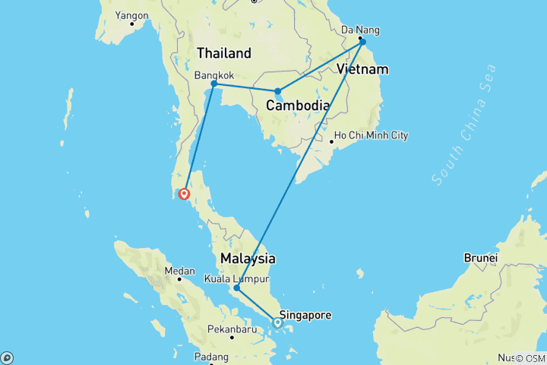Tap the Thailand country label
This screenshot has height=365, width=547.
tap(223, 53)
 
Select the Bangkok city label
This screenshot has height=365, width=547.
tap(213, 75)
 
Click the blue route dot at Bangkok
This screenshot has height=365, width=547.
tap(215, 84)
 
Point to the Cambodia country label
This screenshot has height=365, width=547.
tap(297, 106)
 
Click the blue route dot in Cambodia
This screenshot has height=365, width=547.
tap(278, 91)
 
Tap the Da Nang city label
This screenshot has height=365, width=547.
tap(360, 30)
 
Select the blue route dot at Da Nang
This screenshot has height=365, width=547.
tap(363, 42)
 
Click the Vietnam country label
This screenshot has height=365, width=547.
tap(362, 69)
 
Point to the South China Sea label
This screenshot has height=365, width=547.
tap(464, 126)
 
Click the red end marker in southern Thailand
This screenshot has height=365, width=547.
tap(183, 193)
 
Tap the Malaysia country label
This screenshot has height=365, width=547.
tap(248, 259)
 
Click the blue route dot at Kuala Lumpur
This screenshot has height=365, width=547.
tap(237, 288)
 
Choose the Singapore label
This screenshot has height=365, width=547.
tap(305, 314)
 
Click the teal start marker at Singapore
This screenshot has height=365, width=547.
tap(277, 322)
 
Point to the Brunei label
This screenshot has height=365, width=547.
tap(482, 258)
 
